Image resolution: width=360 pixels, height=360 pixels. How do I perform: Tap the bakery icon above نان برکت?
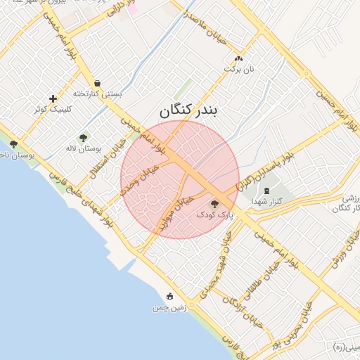[x=238, y=59]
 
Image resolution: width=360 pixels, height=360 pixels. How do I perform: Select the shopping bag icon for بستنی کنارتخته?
[x=96, y=82]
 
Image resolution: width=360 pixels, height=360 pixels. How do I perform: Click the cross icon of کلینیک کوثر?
[x=53, y=98]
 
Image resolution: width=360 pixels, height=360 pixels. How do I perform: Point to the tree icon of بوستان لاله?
[x=84, y=138]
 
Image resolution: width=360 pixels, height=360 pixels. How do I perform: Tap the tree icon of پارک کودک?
[x=214, y=203]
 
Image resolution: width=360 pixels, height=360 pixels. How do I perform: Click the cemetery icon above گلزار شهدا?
[x=266, y=191]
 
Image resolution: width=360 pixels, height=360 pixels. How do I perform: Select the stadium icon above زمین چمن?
[x=169, y=297]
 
